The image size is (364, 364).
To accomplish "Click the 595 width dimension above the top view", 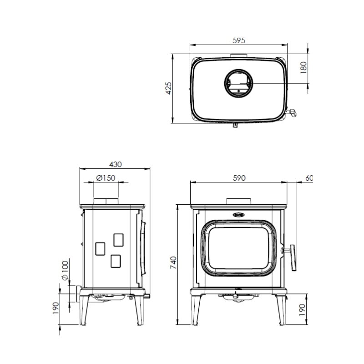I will [x=238, y=40].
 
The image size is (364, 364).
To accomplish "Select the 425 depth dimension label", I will [x=168, y=88].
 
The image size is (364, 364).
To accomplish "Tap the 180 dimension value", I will [x=303, y=67].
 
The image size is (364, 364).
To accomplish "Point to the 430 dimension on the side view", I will [x=116, y=164].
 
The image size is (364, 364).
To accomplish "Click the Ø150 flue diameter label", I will [x=106, y=178].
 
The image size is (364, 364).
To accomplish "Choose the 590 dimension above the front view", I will [x=239, y=178].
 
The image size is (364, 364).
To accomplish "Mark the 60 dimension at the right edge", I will [x=309, y=178].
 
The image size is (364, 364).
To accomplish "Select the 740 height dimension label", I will [x=173, y=263].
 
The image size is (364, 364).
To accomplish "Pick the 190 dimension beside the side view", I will [x=56, y=308].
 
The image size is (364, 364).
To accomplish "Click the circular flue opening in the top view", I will [x=238, y=84].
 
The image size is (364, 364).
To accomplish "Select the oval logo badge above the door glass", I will [x=239, y=214].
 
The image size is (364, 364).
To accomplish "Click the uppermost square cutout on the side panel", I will [x=118, y=239].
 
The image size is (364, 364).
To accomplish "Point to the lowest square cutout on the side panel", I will [x=116, y=261].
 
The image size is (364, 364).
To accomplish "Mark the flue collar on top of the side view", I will [x=106, y=202].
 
